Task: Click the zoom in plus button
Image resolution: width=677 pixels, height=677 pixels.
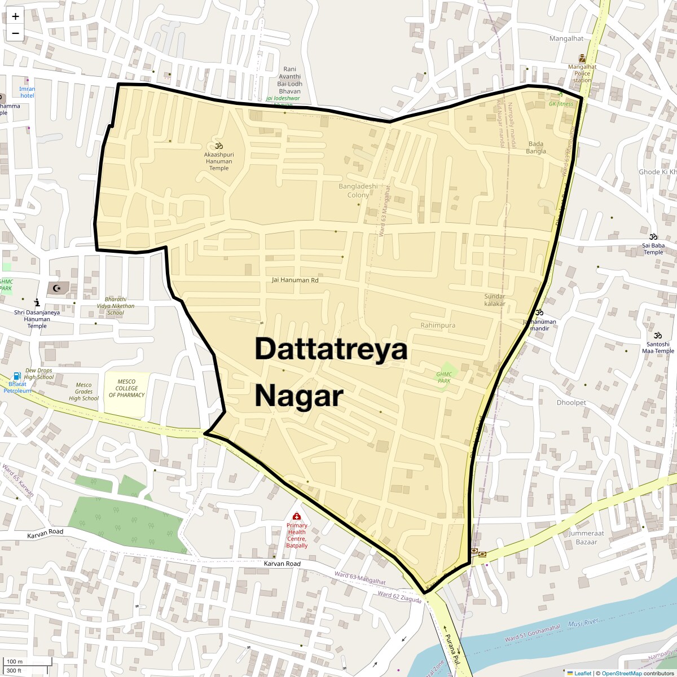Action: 15,16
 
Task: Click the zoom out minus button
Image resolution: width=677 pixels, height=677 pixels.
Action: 15,33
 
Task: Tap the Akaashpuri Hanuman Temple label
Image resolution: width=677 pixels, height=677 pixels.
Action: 219,160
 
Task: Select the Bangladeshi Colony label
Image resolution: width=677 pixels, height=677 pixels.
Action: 358,191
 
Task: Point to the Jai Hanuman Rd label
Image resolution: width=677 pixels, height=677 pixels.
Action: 295,280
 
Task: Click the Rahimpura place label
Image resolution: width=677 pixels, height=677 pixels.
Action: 438,326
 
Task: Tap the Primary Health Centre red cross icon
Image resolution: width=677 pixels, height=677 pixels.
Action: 297,516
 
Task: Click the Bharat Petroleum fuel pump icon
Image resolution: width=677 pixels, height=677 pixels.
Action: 17,376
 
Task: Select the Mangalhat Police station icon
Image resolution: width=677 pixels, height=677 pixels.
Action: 582,59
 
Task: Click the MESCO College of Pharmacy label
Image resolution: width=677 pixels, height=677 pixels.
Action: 127,388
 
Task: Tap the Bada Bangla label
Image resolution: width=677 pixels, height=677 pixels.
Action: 536,147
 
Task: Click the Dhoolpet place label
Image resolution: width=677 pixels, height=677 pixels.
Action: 572,403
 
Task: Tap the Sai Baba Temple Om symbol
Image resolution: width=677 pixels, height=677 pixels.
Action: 653,236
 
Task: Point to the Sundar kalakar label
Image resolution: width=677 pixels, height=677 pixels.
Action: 495,300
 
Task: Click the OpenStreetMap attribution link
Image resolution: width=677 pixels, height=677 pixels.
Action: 621,673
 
